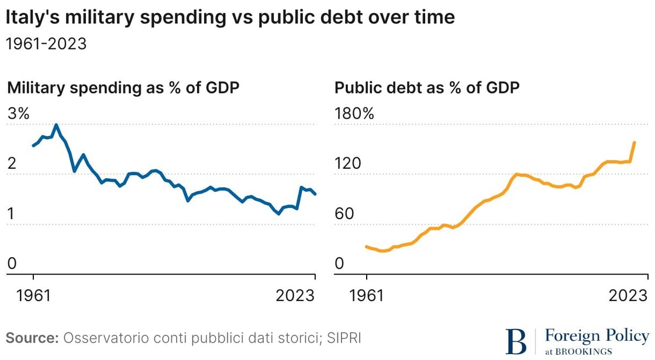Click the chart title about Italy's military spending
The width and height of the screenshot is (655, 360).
[x=230, y=18]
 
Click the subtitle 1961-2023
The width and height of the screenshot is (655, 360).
[x=46, y=44]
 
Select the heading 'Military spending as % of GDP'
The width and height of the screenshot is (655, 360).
[x=123, y=88]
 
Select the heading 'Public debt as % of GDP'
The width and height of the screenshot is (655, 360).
[x=427, y=88]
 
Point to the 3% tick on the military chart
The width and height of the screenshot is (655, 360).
[x=18, y=113]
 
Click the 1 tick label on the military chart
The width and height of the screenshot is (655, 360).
[x=11, y=214]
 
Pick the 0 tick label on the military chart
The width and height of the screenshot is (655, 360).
[x=11, y=264]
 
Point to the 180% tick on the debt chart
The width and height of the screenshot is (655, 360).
[x=353, y=113]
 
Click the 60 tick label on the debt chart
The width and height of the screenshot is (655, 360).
[x=344, y=214]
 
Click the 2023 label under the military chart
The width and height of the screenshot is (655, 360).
[x=295, y=295]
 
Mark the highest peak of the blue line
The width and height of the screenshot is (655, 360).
[x=56, y=124]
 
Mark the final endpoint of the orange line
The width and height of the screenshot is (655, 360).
[x=635, y=142]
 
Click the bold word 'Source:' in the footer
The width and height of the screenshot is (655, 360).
[x=32, y=338]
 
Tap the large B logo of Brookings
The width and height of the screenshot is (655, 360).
[x=516, y=340]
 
